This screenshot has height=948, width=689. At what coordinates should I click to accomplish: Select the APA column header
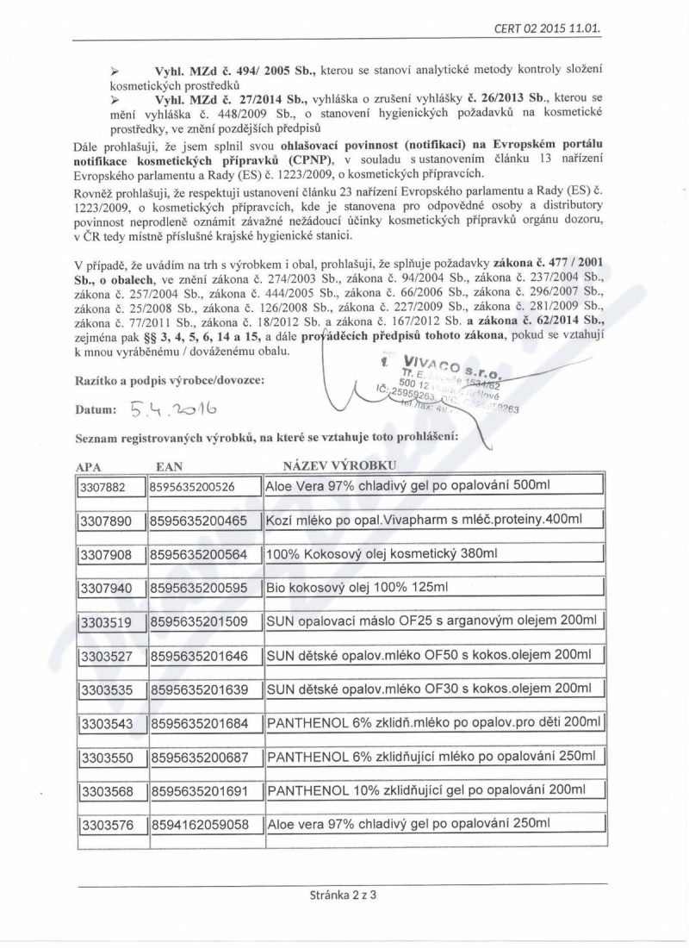(x=90, y=466)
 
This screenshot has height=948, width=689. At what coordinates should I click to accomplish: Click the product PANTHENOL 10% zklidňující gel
(x=427, y=790)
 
